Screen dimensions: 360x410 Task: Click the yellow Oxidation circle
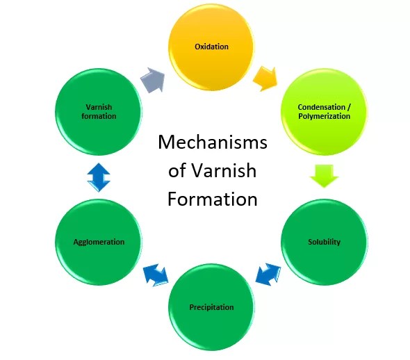pyautogui.click(x=211, y=47)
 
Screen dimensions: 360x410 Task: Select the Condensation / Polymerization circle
pyautogui.click(x=324, y=111)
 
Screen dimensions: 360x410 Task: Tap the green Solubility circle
pyautogui.click(x=324, y=242)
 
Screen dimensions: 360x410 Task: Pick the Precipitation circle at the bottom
pyautogui.click(x=211, y=306)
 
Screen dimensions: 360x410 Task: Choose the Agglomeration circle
pyautogui.click(x=99, y=242)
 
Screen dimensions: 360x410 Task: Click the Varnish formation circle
pyautogui.click(x=99, y=111)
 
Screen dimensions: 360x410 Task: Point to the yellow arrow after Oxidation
pyautogui.click(x=265, y=78)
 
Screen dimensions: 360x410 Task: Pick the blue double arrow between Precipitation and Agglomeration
pyautogui.click(x=156, y=275)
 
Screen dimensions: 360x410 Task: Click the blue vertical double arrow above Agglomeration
pyautogui.click(x=99, y=177)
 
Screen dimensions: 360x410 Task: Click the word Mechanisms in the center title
pyautogui.click(x=212, y=143)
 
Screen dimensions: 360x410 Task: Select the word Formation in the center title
pyautogui.click(x=212, y=199)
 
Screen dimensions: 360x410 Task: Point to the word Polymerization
pyautogui.click(x=324, y=116)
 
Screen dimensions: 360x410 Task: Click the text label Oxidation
pyautogui.click(x=211, y=47)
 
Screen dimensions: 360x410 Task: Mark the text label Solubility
pyautogui.click(x=324, y=242)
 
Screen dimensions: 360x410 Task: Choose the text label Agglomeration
pyautogui.click(x=99, y=242)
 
